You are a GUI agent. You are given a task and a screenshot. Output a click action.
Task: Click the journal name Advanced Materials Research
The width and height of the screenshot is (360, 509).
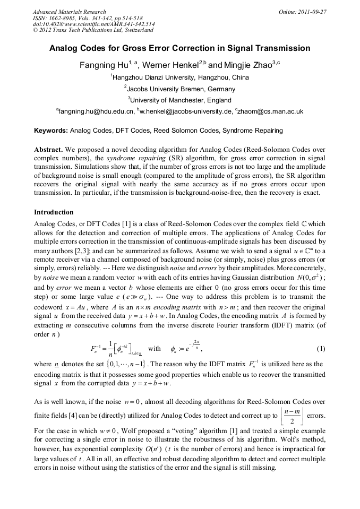point(69,12)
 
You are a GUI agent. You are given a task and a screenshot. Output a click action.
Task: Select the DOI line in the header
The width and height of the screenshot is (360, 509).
point(93,24)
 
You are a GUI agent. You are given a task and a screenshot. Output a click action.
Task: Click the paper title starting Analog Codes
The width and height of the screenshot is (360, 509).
point(179,48)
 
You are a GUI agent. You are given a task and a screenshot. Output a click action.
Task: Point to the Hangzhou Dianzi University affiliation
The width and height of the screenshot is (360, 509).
point(180,77)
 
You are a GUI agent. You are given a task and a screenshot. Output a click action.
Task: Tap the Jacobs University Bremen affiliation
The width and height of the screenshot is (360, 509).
point(180,89)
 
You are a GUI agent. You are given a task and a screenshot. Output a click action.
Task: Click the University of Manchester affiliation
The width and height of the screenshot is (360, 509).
point(180,100)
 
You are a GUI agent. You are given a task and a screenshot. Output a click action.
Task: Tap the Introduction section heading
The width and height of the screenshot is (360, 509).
point(54,212)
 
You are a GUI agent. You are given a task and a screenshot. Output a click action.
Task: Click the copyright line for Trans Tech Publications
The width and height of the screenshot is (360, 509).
point(87,30)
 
